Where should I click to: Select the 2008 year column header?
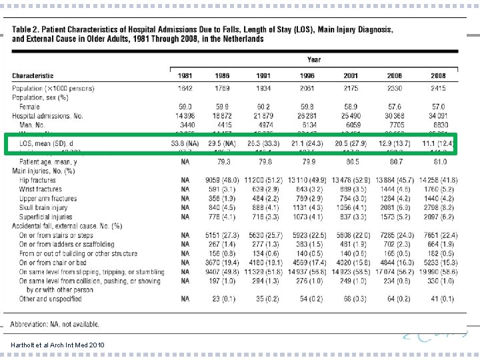tap(438, 76)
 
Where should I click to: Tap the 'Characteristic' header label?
tap(33, 76)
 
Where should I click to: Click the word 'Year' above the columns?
tap(314, 59)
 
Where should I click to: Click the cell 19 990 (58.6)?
tap(438, 271)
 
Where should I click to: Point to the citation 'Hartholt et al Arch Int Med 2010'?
tap(57, 344)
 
